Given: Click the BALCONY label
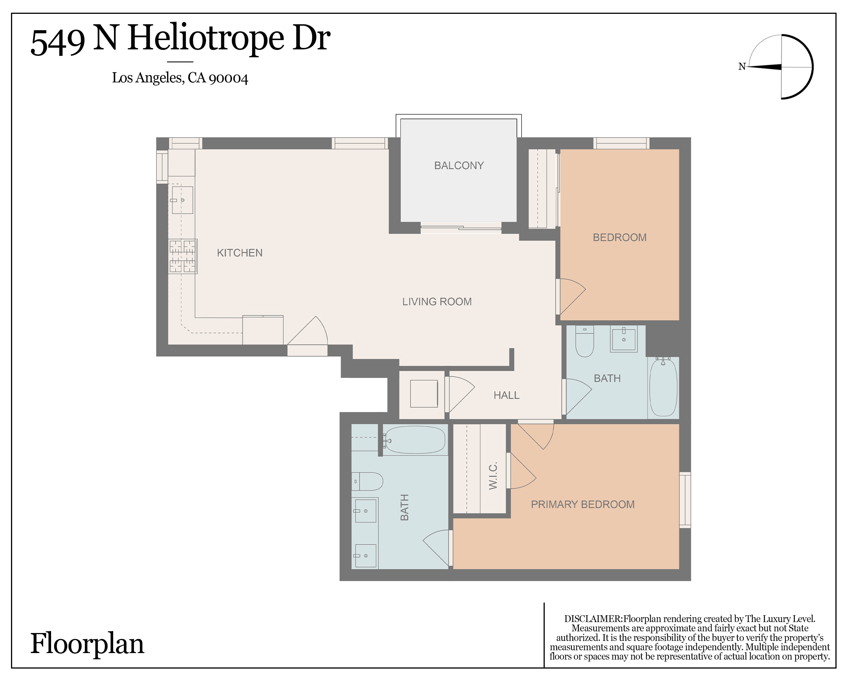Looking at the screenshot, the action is (459, 165).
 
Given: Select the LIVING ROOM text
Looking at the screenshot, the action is (437, 302).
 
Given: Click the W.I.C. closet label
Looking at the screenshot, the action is (493, 476).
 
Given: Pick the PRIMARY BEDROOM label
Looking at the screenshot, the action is (583, 504).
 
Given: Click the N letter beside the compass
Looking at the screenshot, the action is (742, 67).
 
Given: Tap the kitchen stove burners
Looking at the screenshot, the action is (183, 256).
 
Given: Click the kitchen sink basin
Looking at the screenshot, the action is (182, 200).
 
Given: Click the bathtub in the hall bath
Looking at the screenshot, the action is (663, 388).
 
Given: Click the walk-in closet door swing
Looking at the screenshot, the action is (522, 471).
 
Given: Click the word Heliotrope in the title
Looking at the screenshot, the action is (205, 39).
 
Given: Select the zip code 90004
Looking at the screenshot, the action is (228, 78).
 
